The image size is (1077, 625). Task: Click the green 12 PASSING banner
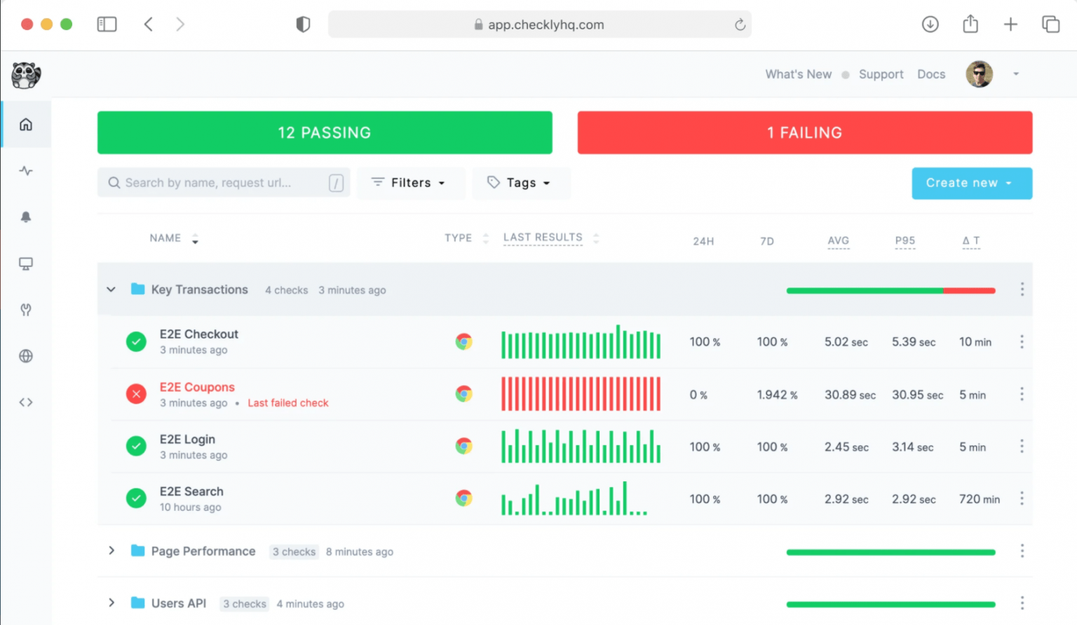(325, 132)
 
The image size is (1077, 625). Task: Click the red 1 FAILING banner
(804, 132)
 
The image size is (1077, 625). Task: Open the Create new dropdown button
(971, 183)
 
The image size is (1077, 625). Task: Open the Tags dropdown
(520, 183)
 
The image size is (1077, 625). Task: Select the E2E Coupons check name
(197, 387)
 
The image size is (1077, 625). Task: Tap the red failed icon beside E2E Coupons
(136, 394)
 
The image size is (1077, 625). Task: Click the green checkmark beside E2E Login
(136, 446)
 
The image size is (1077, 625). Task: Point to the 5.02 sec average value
(846, 342)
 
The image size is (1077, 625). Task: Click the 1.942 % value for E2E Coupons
(777, 394)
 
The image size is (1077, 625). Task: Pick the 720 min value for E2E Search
(979, 499)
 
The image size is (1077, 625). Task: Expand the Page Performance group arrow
(111, 551)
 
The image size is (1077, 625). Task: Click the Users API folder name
(179, 603)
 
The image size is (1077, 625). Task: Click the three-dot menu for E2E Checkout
(1022, 342)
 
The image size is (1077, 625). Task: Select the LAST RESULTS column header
(543, 238)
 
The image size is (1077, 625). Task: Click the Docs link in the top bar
(931, 74)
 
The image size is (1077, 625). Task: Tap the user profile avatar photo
(979, 74)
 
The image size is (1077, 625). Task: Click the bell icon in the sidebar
(26, 217)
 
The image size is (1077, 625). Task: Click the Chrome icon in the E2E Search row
(463, 498)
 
